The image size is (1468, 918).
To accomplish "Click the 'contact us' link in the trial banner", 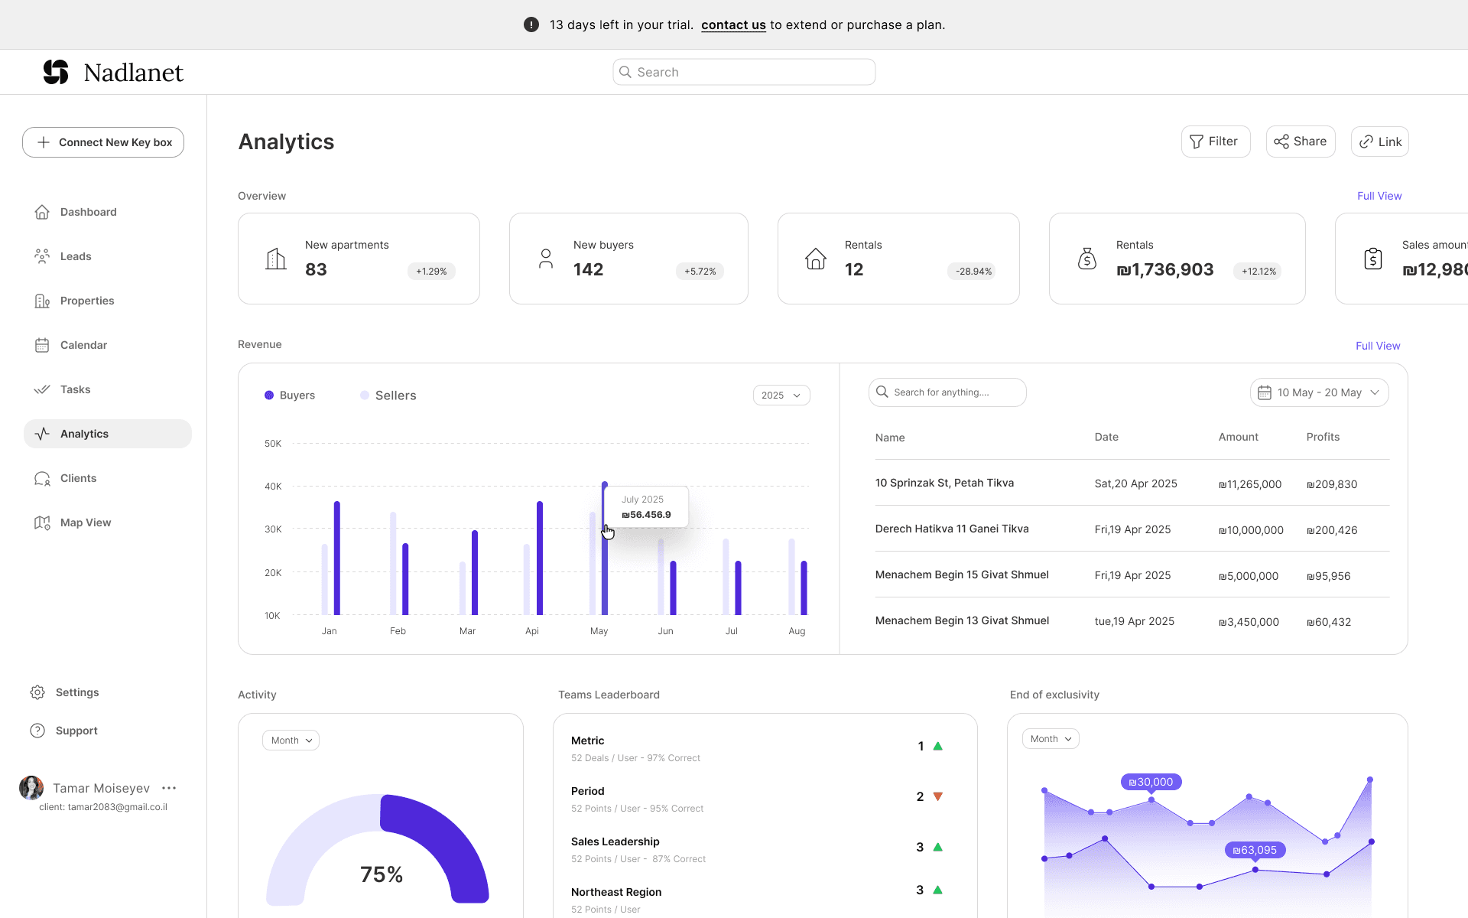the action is click(733, 24).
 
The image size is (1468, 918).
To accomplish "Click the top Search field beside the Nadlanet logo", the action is click(744, 72).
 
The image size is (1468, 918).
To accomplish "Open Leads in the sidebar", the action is click(76, 256).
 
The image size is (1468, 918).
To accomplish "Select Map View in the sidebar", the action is click(86, 522).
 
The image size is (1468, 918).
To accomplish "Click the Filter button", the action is click(1216, 142).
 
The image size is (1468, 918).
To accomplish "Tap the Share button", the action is click(1301, 142).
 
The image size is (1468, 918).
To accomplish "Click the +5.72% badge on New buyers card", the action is click(700, 272).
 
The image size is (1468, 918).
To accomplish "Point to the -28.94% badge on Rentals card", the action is click(973, 272).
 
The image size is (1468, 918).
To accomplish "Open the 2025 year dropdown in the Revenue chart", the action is click(781, 396).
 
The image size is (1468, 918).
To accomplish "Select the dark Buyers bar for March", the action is click(475, 572).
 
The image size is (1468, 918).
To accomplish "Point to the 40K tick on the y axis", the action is click(273, 487).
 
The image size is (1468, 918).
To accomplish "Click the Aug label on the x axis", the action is click(797, 631).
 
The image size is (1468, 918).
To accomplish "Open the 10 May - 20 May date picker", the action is click(1319, 392).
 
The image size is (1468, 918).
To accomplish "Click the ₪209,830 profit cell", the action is click(1332, 484).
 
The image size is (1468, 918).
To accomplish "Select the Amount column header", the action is click(1238, 437).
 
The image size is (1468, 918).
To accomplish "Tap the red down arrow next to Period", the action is click(938, 796).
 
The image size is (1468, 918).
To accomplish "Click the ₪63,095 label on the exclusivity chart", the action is click(1255, 850).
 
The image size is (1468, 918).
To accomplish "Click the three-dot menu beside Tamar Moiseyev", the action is click(169, 788).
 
